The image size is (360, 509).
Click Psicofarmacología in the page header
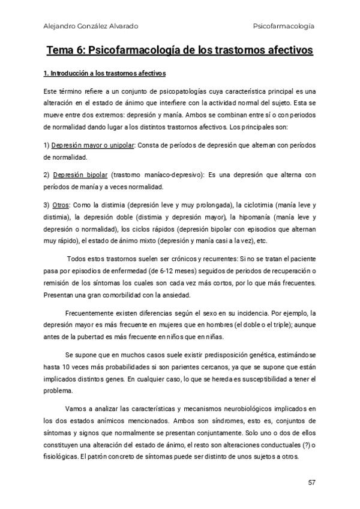click(284, 26)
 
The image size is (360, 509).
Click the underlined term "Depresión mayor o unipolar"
click(94, 146)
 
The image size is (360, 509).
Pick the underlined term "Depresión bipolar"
click(80, 175)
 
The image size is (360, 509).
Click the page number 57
click(311, 482)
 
